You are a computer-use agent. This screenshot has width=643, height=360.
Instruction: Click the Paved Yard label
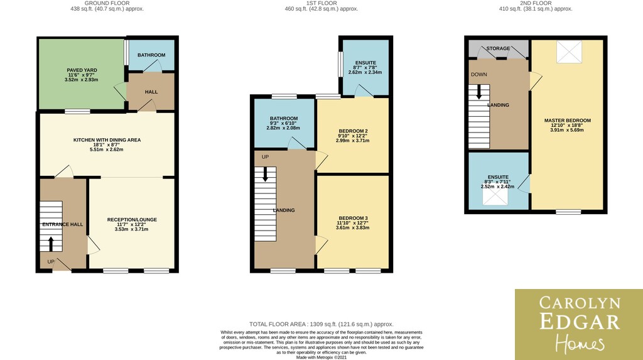click(x=82, y=70)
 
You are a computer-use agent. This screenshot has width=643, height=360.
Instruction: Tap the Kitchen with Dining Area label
click(x=107, y=140)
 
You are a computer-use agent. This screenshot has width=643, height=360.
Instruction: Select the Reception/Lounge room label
click(x=132, y=220)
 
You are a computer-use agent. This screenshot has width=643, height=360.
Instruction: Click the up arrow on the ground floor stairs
click(x=51, y=244)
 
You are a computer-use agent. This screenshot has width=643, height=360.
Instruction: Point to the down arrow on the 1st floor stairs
click(x=265, y=173)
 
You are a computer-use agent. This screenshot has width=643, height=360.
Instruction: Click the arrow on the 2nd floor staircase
click(x=479, y=92)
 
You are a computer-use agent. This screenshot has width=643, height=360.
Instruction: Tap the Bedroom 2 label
click(x=353, y=131)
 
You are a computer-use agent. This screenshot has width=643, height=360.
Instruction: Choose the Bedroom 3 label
click(x=353, y=218)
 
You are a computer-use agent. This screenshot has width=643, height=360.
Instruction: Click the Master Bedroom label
click(x=568, y=121)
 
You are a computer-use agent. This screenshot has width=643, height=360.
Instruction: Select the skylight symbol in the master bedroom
click(x=569, y=52)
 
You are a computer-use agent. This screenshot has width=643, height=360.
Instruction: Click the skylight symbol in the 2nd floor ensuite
click(x=495, y=196)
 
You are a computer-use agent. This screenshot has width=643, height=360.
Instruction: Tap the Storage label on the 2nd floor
click(x=498, y=48)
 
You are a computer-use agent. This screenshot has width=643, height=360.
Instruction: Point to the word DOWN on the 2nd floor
click(x=479, y=74)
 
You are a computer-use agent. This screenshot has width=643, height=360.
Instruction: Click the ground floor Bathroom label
click(x=151, y=55)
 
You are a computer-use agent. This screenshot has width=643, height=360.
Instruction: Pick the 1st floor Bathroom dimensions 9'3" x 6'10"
click(x=283, y=123)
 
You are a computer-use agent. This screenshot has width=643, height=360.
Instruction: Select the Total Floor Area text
click(x=321, y=324)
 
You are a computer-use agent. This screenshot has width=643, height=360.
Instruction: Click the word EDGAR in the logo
click(x=580, y=322)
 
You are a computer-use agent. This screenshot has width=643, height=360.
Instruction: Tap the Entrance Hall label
click(x=63, y=224)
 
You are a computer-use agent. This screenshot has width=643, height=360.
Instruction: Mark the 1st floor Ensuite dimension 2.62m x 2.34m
click(x=365, y=72)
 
